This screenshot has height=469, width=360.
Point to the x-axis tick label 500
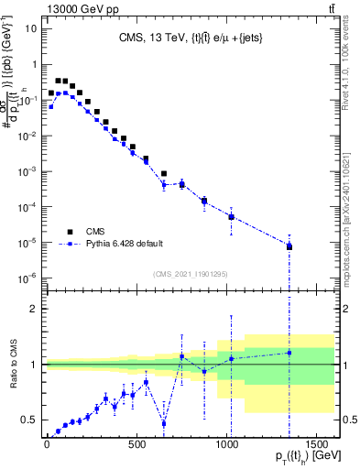click(136, 444)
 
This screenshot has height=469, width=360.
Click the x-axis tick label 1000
click(226, 444)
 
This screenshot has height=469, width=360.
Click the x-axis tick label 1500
click(316, 444)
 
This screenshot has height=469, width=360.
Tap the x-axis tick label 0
click(47, 444)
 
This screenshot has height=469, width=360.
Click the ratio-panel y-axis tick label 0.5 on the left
click(28, 420)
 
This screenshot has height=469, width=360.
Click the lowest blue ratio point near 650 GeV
click(164, 423)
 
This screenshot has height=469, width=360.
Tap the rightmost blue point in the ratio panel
click(289, 353)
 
